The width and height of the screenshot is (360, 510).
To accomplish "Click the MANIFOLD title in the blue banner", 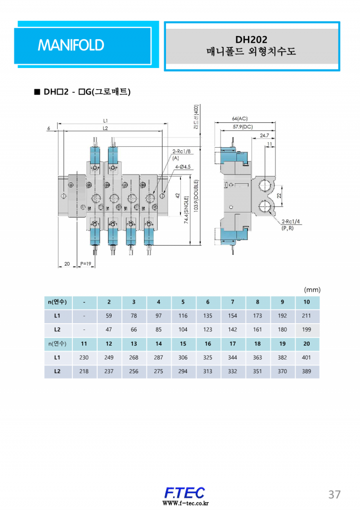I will click(71, 45).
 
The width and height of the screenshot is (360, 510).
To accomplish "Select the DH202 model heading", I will click(251, 40).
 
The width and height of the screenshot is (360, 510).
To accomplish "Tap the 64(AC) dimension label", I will click(240, 118).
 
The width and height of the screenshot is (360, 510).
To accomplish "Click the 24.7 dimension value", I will click(264, 135).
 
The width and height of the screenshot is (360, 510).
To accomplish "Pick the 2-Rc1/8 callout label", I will click(182, 152).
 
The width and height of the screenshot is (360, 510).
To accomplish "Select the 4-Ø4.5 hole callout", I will click(182, 167).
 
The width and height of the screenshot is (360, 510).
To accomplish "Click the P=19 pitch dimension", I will click(85, 264).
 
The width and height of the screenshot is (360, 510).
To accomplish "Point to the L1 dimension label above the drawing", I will click(105, 121).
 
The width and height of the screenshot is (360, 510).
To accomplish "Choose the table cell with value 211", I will click(306, 316).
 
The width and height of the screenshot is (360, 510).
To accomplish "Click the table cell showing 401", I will click(306, 358).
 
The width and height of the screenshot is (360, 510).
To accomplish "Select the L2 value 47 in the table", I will click(109, 329).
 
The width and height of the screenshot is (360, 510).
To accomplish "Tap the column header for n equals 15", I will click(183, 344).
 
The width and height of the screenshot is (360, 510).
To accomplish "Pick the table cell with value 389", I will click(306, 372).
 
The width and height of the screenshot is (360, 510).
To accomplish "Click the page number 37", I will click(334, 494).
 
